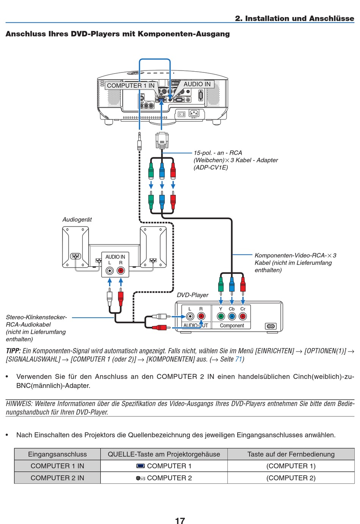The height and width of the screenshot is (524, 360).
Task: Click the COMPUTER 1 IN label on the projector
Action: [x=130, y=86]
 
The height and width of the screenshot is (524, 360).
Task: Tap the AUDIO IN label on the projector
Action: [x=197, y=84]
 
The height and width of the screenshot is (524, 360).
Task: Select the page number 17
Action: [x=180, y=520]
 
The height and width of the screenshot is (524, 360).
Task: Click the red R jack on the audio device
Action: [x=121, y=271]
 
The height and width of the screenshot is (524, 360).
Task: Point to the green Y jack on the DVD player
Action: [x=221, y=316]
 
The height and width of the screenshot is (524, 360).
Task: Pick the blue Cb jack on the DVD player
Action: [x=232, y=316]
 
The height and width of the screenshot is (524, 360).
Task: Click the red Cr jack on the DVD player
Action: [x=243, y=316]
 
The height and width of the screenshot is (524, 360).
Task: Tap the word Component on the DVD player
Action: [x=232, y=326]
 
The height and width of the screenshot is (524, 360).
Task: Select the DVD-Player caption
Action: [x=193, y=295]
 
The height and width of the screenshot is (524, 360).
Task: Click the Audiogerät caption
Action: [x=77, y=220]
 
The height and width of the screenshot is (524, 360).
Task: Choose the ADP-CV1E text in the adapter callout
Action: [x=211, y=168]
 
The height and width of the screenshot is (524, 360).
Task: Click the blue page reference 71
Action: [x=238, y=359]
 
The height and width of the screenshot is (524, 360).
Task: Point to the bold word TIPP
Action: [x=13, y=351]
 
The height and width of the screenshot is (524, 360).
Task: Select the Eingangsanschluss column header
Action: [x=57, y=454]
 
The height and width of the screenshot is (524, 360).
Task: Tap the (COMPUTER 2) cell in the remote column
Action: [x=291, y=478]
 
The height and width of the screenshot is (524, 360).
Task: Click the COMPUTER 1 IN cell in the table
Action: [x=57, y=466]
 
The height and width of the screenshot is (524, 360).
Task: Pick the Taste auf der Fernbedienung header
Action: [x=291, y=454]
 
